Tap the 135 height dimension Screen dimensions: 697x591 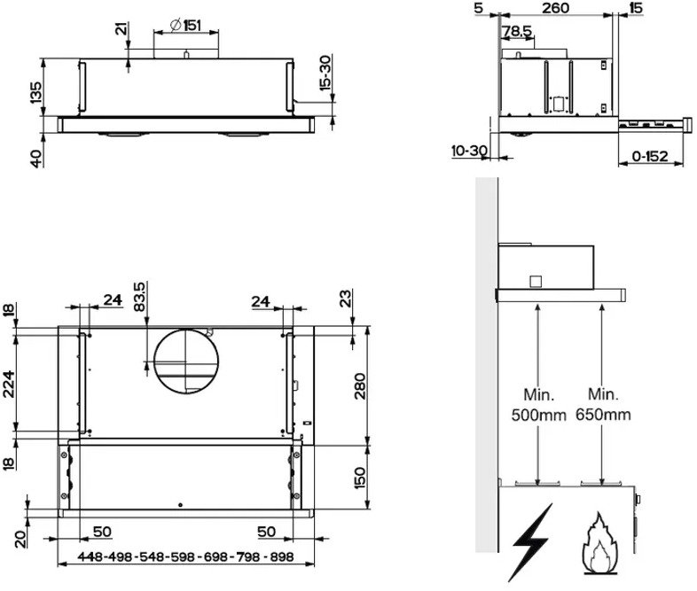click(36, 93)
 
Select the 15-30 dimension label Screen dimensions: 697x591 click(325, 73)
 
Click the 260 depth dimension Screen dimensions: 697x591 click(556, 8)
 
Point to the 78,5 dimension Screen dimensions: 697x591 click(517, 31)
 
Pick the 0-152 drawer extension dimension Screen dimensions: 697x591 click(650, 156)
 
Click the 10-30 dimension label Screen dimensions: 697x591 click(469, 151)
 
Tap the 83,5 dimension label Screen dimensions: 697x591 click(139, 297)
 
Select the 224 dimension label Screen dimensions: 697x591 click(9, 384)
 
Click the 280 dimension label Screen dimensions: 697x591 click(360, 386)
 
